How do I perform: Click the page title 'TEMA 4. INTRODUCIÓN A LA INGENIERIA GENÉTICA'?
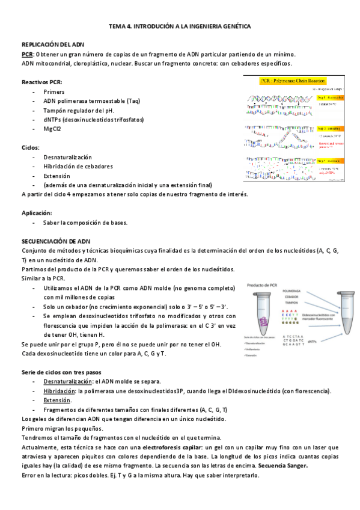pos(179,27)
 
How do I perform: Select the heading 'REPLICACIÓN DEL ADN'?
pos(53,45)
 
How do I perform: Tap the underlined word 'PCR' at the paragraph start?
pos(27,54)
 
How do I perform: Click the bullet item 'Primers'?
pos(53,91)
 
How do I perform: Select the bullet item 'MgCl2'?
pos(52,129)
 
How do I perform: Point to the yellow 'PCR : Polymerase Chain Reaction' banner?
pos(288,80)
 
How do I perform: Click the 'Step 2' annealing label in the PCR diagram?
pos(330,129)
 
